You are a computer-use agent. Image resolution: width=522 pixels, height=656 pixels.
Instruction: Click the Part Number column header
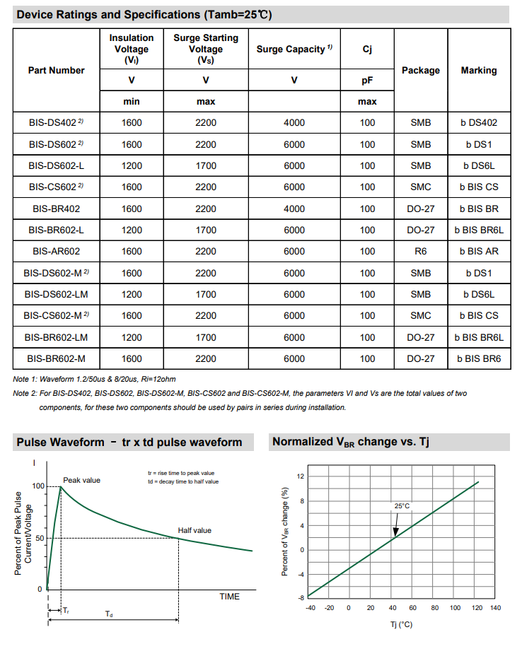click(x=56, y=70)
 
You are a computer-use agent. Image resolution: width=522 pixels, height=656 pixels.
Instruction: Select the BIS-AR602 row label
click(x=56, y=251)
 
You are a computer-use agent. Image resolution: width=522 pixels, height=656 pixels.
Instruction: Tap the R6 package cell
click(x=421, y=251)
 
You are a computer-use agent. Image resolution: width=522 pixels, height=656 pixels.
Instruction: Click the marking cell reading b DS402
click(x=479, y=123)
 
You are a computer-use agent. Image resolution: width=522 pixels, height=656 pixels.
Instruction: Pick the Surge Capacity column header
click(x=294, y=49)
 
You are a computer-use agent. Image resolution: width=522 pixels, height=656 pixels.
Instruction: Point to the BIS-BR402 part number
click(x=56, y=209)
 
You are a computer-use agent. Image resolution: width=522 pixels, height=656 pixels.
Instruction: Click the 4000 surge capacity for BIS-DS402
click(x=294, y=123)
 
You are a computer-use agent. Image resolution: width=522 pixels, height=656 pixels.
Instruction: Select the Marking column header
click(x=479, y=70)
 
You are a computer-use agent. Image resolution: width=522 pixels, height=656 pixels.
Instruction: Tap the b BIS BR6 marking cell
click(x=479, y=358)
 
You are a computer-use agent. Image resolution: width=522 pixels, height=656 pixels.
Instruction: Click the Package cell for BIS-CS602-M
click(x=421, y=315)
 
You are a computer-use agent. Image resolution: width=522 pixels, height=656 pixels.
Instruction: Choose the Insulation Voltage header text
click(x=132, y=49)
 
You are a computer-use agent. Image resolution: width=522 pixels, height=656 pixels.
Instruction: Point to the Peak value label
click(x=82, y=480)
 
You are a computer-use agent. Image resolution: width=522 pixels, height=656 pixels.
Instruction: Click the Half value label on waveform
click(x=195, y=530)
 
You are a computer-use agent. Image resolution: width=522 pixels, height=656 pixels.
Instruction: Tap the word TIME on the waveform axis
click(x=229, y=597)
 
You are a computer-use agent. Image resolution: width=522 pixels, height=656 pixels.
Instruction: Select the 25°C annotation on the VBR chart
click(x=402, y=506)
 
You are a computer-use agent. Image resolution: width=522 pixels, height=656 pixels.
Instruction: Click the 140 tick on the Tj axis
click(x=494, y=608)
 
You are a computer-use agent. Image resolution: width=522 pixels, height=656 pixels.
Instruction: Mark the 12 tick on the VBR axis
click(x=301, y=476)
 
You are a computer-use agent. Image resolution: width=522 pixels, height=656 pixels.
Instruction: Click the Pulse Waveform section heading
click(x=129, y=443)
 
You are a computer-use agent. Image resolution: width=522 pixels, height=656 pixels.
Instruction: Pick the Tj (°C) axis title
click(x=401, y=625)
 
